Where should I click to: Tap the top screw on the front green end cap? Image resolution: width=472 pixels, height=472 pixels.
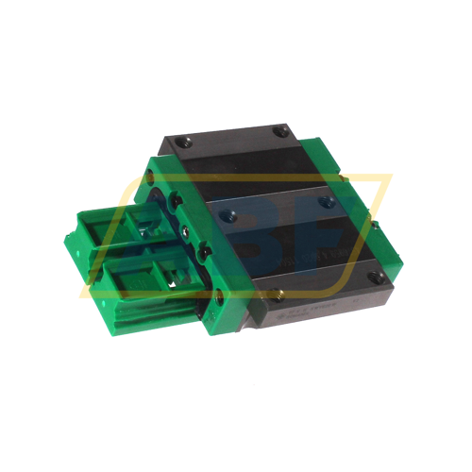point(175,201)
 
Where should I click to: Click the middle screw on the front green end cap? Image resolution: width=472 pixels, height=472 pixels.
point(199,252)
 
